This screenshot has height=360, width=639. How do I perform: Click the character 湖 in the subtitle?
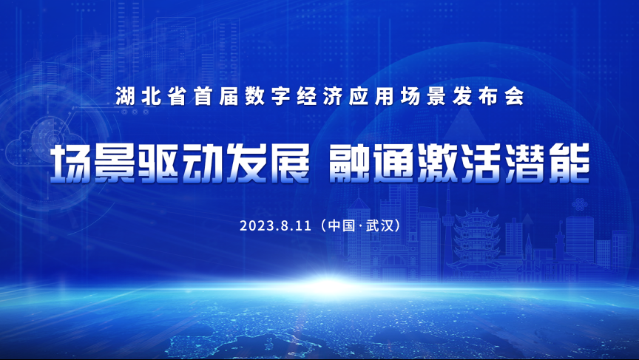point(125,96)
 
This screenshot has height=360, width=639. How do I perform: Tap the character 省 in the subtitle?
point(177,96)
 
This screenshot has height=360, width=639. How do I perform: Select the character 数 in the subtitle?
point(254,96)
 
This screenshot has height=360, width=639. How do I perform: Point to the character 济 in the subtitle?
point(333,96)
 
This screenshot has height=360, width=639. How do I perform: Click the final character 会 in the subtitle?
point(514,96)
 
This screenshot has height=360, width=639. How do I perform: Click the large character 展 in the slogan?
point(289,163)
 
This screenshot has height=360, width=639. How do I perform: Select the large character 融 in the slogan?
point(350,163)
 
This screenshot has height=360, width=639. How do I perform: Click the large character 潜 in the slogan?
point(525,163)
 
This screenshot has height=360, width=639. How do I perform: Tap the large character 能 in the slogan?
point(569,163)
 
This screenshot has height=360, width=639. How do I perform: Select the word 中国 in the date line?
point(341,225)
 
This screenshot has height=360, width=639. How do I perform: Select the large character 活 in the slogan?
point(481,163)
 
